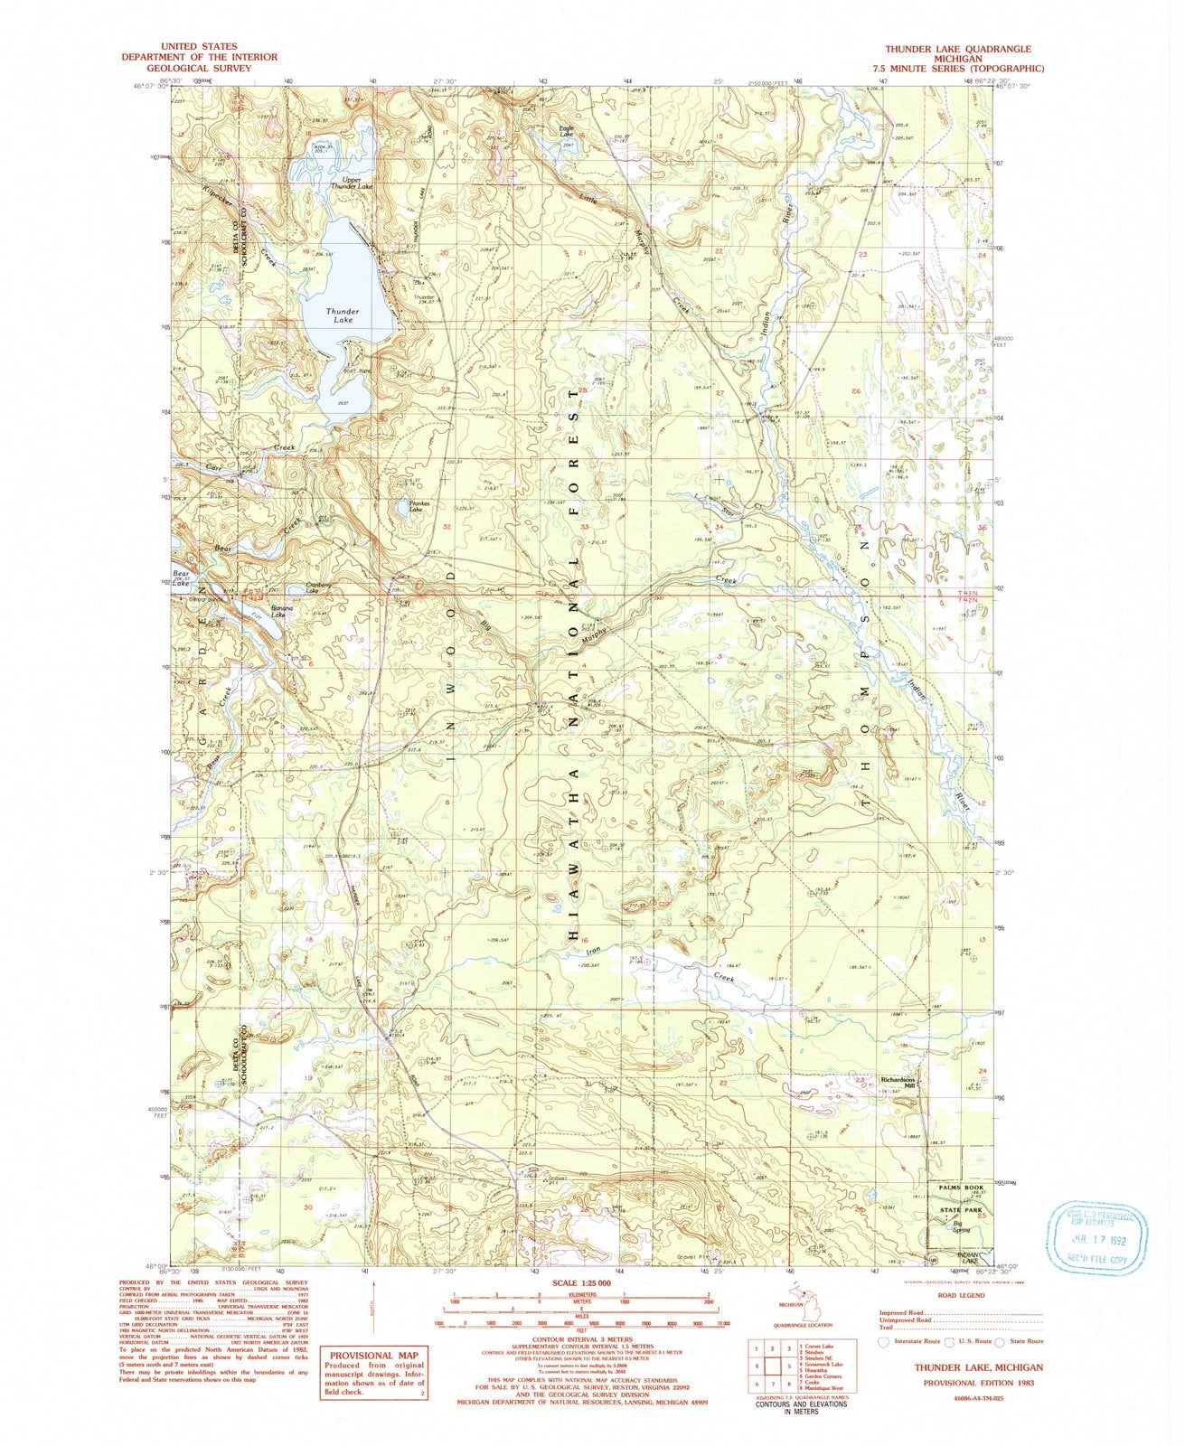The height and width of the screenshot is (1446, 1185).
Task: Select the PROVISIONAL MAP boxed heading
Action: click(x=374, y=1356)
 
